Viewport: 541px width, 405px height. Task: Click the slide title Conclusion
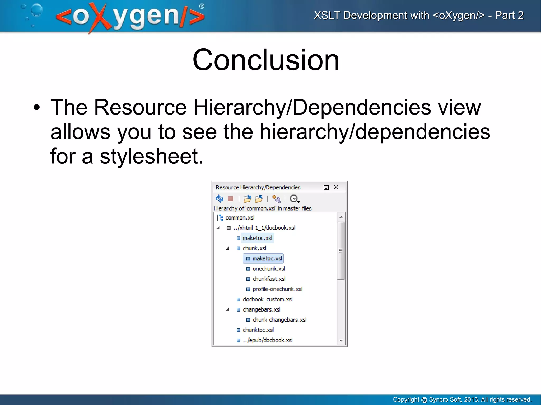(x=266, y=60)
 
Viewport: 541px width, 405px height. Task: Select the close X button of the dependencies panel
(x=336, y=187)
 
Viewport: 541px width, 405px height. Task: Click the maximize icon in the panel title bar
(x=326, y=188)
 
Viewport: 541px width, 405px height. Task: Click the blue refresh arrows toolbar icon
(x=220, y=198)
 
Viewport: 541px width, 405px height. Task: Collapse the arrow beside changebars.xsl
(x=227, y=310)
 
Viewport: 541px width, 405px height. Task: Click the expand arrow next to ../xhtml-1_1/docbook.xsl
(x=218, y=228)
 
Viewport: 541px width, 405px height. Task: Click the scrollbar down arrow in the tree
(x=341, y=340)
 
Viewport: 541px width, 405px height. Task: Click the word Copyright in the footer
(x=406, y=399)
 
